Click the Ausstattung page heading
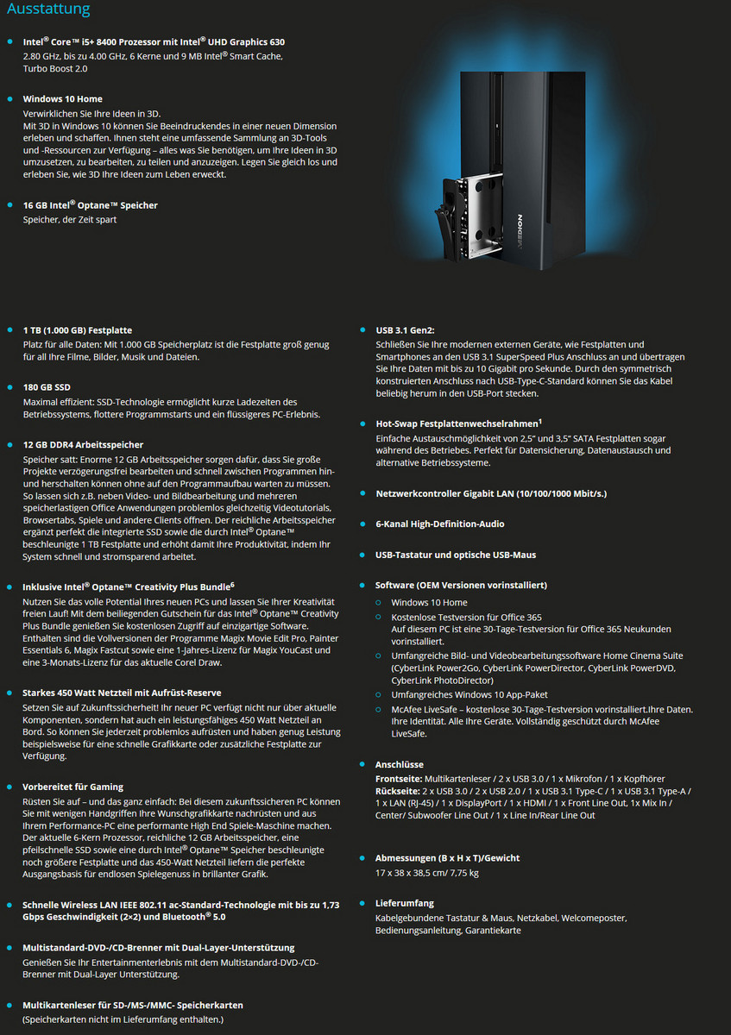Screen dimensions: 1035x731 (x=48, y=10)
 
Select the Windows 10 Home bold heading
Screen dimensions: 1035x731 (x=62, y=99)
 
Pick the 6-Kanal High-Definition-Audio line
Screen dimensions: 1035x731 (x=439, y=524)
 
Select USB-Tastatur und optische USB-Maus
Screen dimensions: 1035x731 (x=456, y=555)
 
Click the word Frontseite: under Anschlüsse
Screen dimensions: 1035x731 (x=399, y=779)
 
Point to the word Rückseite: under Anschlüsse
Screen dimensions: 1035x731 (x=398, y=791)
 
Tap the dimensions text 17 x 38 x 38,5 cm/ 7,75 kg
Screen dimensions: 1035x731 (x=426, y=873)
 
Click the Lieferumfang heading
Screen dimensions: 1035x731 (x=405, y=903)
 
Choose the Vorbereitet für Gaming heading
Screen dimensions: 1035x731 (x=72, y=787)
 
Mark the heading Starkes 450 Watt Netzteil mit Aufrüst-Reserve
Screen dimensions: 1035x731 (x=122, y=693)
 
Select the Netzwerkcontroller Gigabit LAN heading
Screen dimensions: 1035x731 (x=490, y=493)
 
